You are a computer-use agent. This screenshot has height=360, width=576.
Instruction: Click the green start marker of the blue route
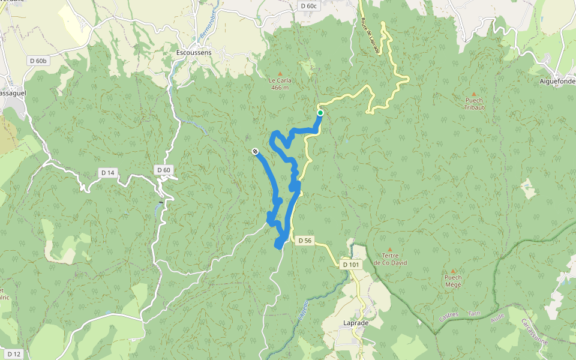coord(320,113)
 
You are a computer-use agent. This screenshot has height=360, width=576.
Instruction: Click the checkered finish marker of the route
coord(255,152)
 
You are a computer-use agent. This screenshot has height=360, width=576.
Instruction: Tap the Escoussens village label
coord(194,53)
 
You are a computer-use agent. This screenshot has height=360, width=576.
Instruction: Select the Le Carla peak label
coord(280,83)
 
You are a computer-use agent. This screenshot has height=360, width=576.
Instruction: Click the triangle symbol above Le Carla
coord(280,74)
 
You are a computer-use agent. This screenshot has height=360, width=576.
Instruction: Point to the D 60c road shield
coord(308,6)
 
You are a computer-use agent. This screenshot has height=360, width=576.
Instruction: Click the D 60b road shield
coord(38,61)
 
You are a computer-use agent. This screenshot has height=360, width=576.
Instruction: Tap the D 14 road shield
coord(107,173)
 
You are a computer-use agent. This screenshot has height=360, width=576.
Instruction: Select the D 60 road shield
coord(164,170)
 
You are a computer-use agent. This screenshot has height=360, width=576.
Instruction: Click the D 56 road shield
coord(304,241)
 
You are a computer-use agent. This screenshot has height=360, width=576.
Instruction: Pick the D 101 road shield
coord(351,264)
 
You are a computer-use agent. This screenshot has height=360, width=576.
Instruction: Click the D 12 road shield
coord(14,354)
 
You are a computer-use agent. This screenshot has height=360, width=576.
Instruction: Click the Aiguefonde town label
coord(557,82)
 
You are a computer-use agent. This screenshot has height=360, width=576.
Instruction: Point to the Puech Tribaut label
coord(474,104)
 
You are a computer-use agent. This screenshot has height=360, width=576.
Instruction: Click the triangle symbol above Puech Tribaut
coord(474,94)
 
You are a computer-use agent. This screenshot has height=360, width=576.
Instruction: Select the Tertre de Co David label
coord(389,259)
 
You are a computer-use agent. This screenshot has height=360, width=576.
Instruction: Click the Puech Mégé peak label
coord(453,281)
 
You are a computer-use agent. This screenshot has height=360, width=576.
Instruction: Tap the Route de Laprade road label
coord(370,36)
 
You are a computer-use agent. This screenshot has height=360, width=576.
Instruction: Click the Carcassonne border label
coord(533,332)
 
